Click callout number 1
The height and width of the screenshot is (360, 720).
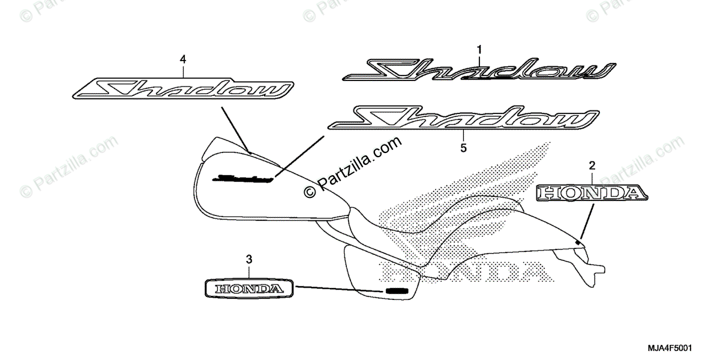(x=479, y=47)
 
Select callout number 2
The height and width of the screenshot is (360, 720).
(x=592, y=165)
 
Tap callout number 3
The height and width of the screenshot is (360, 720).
(x=249, y=259)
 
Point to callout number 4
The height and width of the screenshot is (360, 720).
(x=183, y=59)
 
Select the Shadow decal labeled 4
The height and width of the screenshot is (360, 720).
(x=183, y=89)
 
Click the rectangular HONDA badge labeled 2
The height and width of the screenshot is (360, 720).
(x=592, y=193)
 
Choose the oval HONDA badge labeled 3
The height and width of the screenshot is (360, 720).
(x=249, y=288)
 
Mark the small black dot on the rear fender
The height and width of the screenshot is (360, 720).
(x=578, y=241)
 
